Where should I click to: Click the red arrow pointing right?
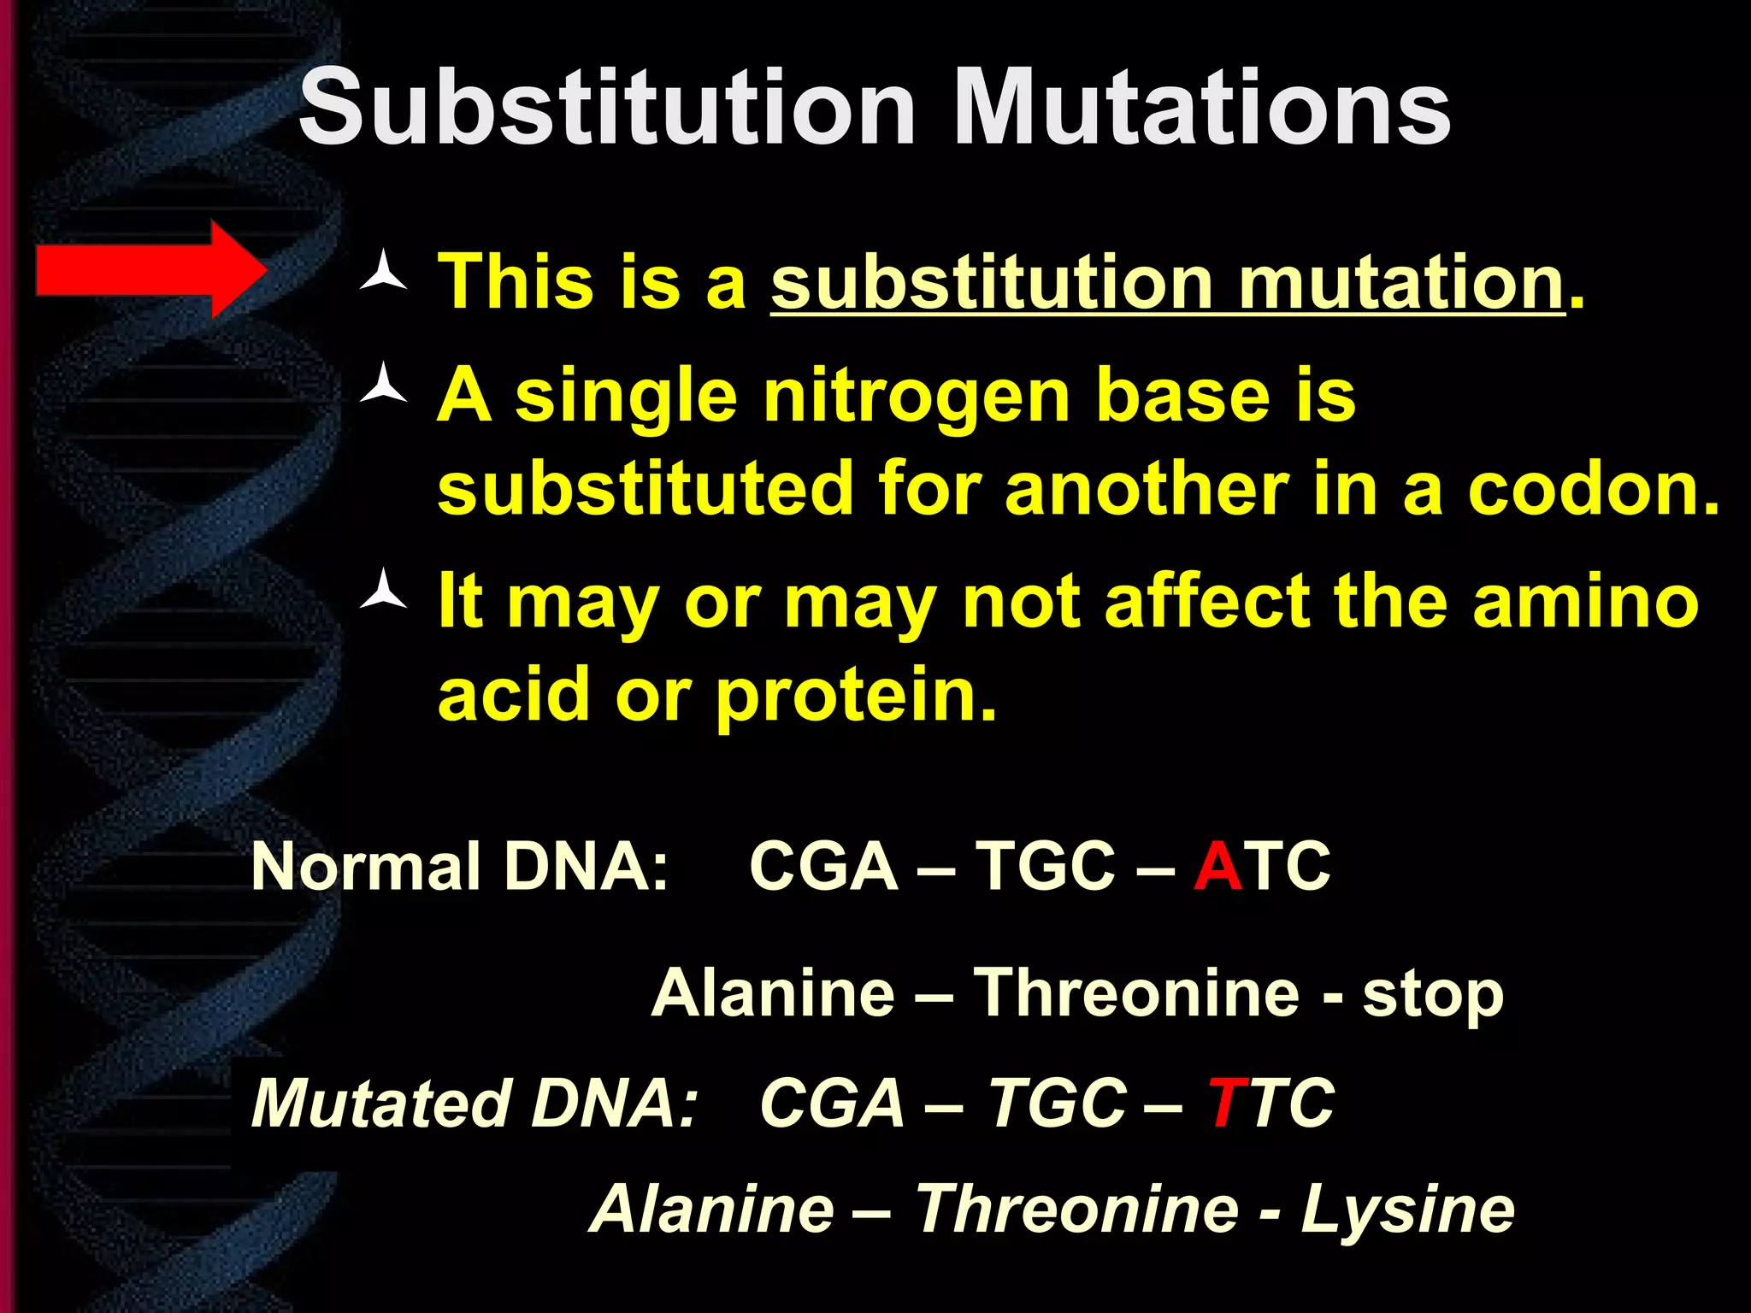150,270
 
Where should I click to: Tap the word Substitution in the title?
607,109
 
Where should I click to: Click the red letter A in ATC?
1217,867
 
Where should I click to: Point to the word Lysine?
1407,1210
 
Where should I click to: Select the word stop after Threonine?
1432,995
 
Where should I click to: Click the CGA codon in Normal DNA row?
822,867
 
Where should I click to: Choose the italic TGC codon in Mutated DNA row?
1057,1104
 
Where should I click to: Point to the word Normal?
366,867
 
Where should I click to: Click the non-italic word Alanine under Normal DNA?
773,993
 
